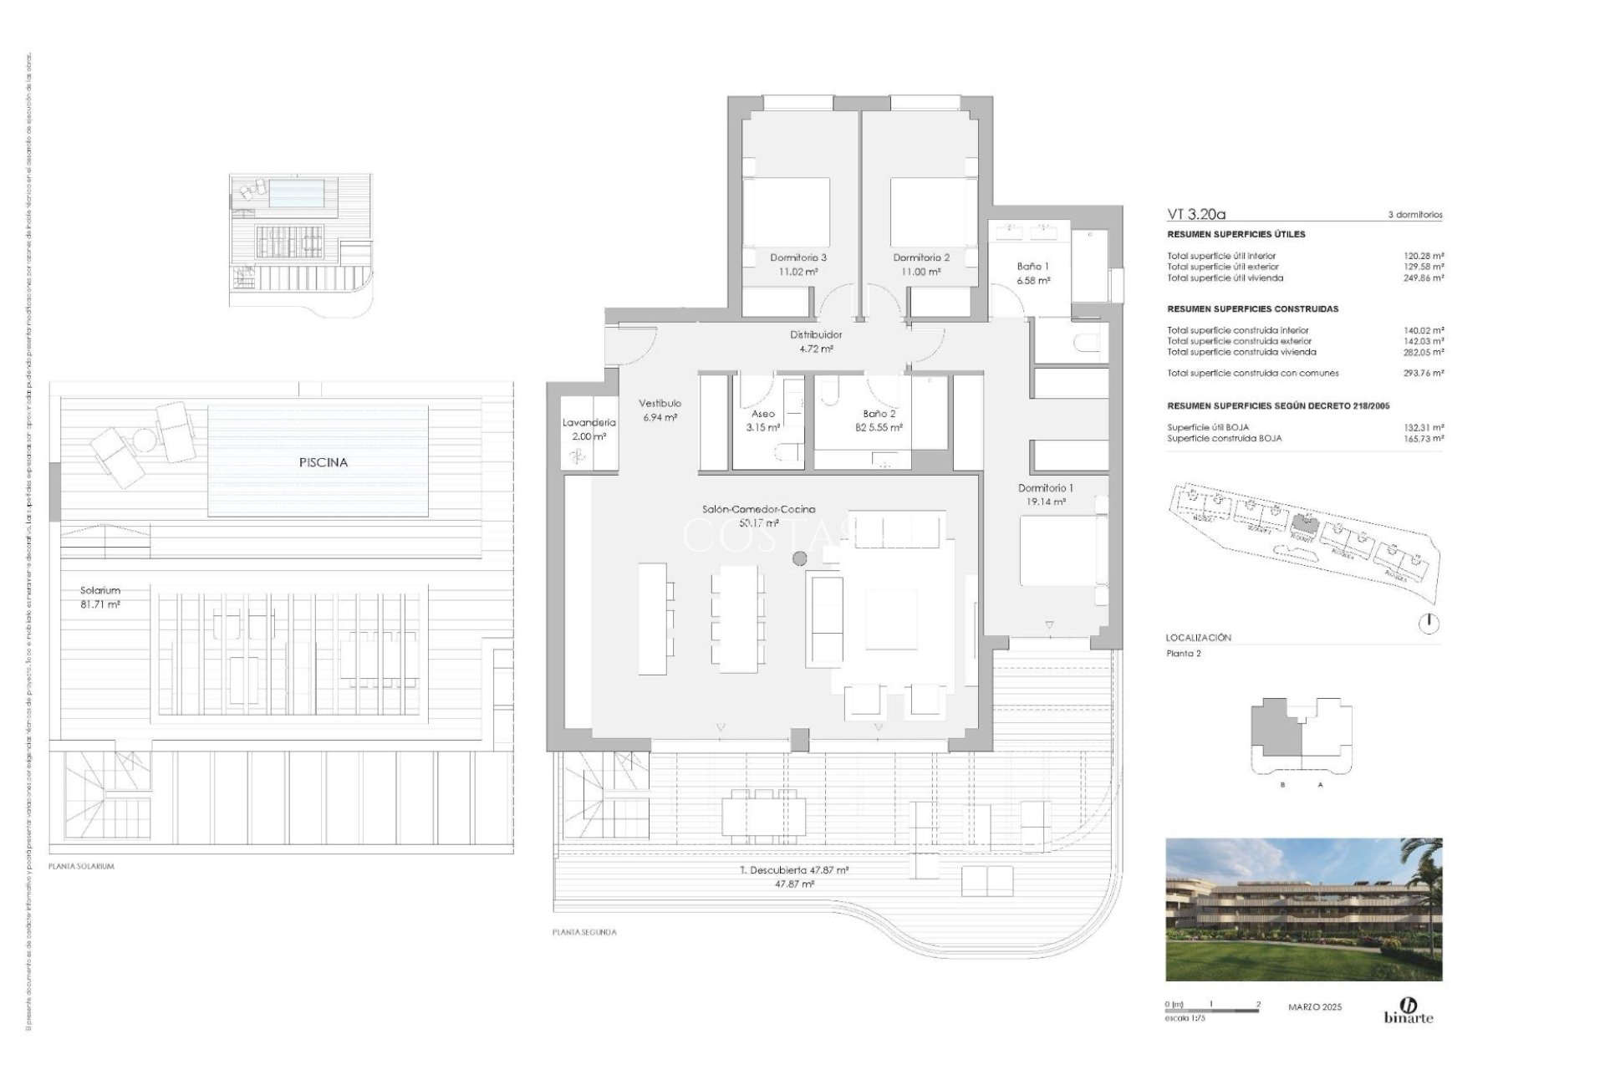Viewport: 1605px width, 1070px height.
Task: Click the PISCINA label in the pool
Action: point(323,462)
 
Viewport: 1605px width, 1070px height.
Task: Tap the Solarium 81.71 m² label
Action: point(100,597)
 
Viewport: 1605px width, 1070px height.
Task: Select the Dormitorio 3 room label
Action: point(798,264)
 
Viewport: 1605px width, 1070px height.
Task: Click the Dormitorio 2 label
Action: point(920,264)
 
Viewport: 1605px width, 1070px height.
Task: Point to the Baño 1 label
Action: point(1032,273)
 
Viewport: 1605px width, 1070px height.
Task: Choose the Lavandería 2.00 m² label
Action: point(588,429)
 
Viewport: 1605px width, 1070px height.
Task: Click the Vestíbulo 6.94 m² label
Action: point(660,410)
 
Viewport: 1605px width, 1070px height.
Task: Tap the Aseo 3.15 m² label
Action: point(762,420)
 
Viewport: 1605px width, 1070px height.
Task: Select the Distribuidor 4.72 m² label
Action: point(816,341)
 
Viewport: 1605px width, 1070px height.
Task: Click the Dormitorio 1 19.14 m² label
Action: point(1045,495)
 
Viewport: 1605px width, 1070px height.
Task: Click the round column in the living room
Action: point(800,558)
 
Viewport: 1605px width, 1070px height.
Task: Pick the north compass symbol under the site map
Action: point(1429,623)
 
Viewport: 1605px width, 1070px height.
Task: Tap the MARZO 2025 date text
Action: point(1314,1007)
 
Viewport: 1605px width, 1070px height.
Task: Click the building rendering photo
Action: point(1303,909)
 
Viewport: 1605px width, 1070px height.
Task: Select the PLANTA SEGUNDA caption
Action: point(584,932)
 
